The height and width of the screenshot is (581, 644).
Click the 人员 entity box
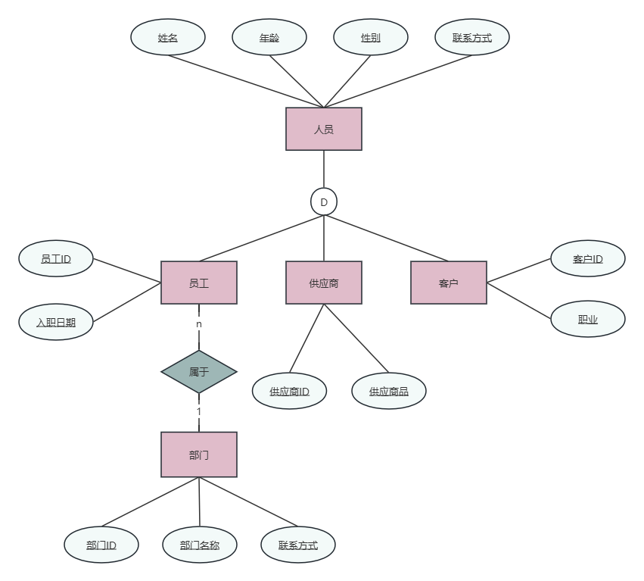[324, 129]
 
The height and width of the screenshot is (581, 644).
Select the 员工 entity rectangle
[199, 283]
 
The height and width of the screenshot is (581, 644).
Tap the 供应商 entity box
[324, 283]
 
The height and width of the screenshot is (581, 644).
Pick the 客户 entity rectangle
[449, 283]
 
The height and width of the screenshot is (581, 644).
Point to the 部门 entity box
[199, 454]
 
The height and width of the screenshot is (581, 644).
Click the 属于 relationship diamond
[199, 371]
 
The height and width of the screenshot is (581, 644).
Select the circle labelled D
[324, 202]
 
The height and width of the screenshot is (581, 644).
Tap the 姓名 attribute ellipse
[168, 37]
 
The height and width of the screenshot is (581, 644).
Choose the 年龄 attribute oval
[269, 37]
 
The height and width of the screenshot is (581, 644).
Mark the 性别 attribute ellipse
[371, 37]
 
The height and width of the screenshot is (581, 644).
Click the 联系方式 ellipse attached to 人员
[472, 37]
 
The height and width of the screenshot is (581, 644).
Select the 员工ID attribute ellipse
[56, 259]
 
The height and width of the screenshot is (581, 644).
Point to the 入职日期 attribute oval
[56, 322]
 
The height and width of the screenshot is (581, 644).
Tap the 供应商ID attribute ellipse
[290, 391]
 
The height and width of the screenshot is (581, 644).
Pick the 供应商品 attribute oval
[389, 391]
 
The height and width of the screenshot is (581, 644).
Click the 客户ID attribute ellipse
[588, 259]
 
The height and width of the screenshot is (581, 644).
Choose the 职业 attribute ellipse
[588, 320]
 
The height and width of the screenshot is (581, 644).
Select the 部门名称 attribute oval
[200, 545]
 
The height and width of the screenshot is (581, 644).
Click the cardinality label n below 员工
[199, 324]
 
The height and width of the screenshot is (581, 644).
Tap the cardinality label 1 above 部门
[199, 411]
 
